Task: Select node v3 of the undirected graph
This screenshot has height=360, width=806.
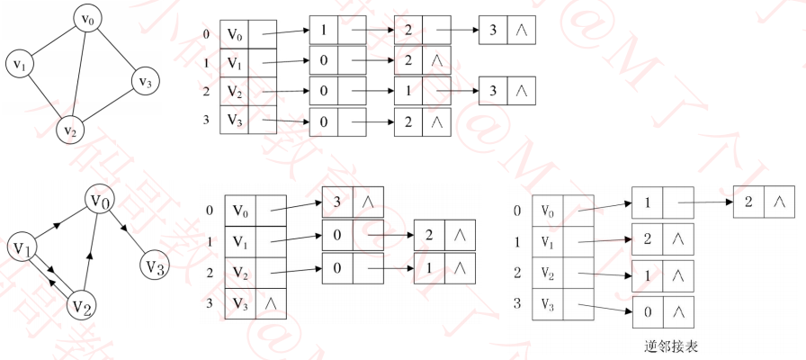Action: click(x=143, y=82)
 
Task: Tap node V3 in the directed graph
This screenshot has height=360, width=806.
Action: click(x=155, y=266)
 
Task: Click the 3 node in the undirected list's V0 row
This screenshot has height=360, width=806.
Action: click(x=493, y=31)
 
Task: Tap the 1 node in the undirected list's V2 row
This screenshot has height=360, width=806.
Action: click(x=407, y=91)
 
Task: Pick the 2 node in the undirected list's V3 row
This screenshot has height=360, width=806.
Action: click(x=407, y=120)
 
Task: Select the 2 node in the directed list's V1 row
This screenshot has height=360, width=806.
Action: click(x=429, y=235)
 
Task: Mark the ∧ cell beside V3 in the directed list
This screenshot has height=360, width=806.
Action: click(x=265, y=302)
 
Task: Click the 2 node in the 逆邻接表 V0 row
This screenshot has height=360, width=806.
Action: click(x=749, y=202)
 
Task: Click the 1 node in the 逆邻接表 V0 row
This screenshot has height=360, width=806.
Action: click(x=647, y=202)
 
